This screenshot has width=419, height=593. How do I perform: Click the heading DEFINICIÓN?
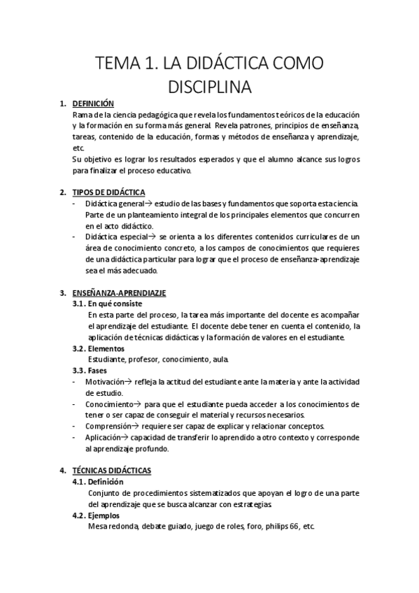[x=92, y=103]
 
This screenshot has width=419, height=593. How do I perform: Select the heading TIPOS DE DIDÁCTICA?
[x=108, y=192]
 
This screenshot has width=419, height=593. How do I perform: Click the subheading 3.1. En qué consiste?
[x=108, y=304]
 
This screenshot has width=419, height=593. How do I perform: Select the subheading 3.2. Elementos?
[x=99, y=348]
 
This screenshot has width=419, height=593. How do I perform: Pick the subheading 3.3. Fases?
[x=91, y=371]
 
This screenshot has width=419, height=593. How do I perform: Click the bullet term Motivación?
[x=104, y=382]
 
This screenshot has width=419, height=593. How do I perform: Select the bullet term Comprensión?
[x=108, y=427]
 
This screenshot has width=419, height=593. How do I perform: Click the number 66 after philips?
[x=294, y=527]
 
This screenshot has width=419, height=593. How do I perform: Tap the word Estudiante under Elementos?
[x=108, y=359]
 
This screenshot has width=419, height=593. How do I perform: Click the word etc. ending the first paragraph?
[x=78, y=148]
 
